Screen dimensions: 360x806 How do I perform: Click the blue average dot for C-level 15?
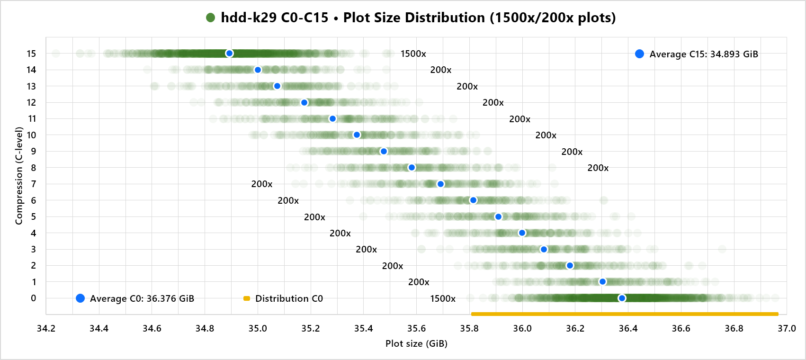pos(229,54)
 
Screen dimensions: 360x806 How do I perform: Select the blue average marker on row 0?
pos(622,298)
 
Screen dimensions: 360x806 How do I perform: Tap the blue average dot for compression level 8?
pos(412,168)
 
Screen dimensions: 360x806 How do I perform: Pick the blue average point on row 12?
pos(304,102)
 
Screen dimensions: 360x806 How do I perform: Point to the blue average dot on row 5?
pos(498,216)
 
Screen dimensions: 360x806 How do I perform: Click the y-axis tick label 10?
pos(31,135)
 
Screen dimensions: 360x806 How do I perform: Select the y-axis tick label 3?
pos(33,249)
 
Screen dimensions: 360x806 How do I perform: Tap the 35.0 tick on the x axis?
pos(258,328)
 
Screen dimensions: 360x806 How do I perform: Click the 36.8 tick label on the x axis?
pos(734,328)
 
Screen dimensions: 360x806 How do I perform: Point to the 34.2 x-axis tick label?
pos(46,328)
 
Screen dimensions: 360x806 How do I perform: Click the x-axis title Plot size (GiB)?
pos(416,343)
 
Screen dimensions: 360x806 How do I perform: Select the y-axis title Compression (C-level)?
pos(19,175)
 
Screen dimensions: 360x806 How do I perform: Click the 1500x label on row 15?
pos(413,54)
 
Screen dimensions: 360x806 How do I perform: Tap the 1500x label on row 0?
pos(443,298)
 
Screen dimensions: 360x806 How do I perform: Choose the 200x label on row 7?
pos(262,184)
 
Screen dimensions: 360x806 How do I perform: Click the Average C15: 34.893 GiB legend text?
pos(704,54)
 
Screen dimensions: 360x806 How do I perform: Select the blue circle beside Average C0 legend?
pos(81,298)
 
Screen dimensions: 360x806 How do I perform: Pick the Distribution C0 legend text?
pos(289,298)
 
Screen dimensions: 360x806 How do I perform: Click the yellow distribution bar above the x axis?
pos(625,314)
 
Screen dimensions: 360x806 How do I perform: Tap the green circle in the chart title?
pos(211,18)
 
